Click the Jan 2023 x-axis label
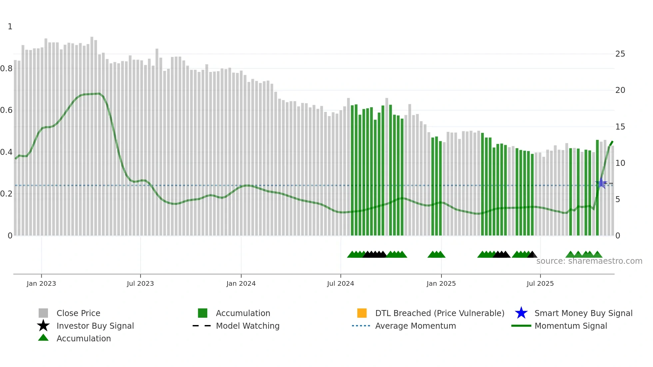pyautogui.click(x=41, y=283)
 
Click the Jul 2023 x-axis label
pyautogui.click(x=140, y=283)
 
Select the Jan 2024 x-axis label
pyautogui.click(x=241, y=283)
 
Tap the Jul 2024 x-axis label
pyautogui.click(x=340, y=283)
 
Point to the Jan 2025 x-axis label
pyautogui.click(x=441, y=283)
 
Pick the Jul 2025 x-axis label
pyautogui.click(x=540, y=283)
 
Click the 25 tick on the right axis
pyautogui.click(x=620, y=54)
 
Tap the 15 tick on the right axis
pyautogui.click(x=620, y=127)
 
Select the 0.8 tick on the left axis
pyautogui.click(x=6, y=69)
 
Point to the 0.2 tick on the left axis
pyautogui.click(x=6, y=194)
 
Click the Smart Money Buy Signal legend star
pyautogui.click(x=521, y=313)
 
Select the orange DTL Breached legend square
pyautogui.click(x=362, y=313)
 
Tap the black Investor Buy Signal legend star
pyautogui.click(x=43, y=326)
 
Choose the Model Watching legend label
pyautogui.click(x=248, y=326)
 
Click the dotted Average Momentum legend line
pyautogui.click(x=361, y=326)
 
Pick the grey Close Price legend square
pyautogui.click(x=43, y=313)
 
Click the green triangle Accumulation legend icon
pyautogui.click(x=43, y=338)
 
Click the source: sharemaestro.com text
pyautogui.click(x=589, y=261)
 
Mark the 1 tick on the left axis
pyautogui.click(x=10, y=27)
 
